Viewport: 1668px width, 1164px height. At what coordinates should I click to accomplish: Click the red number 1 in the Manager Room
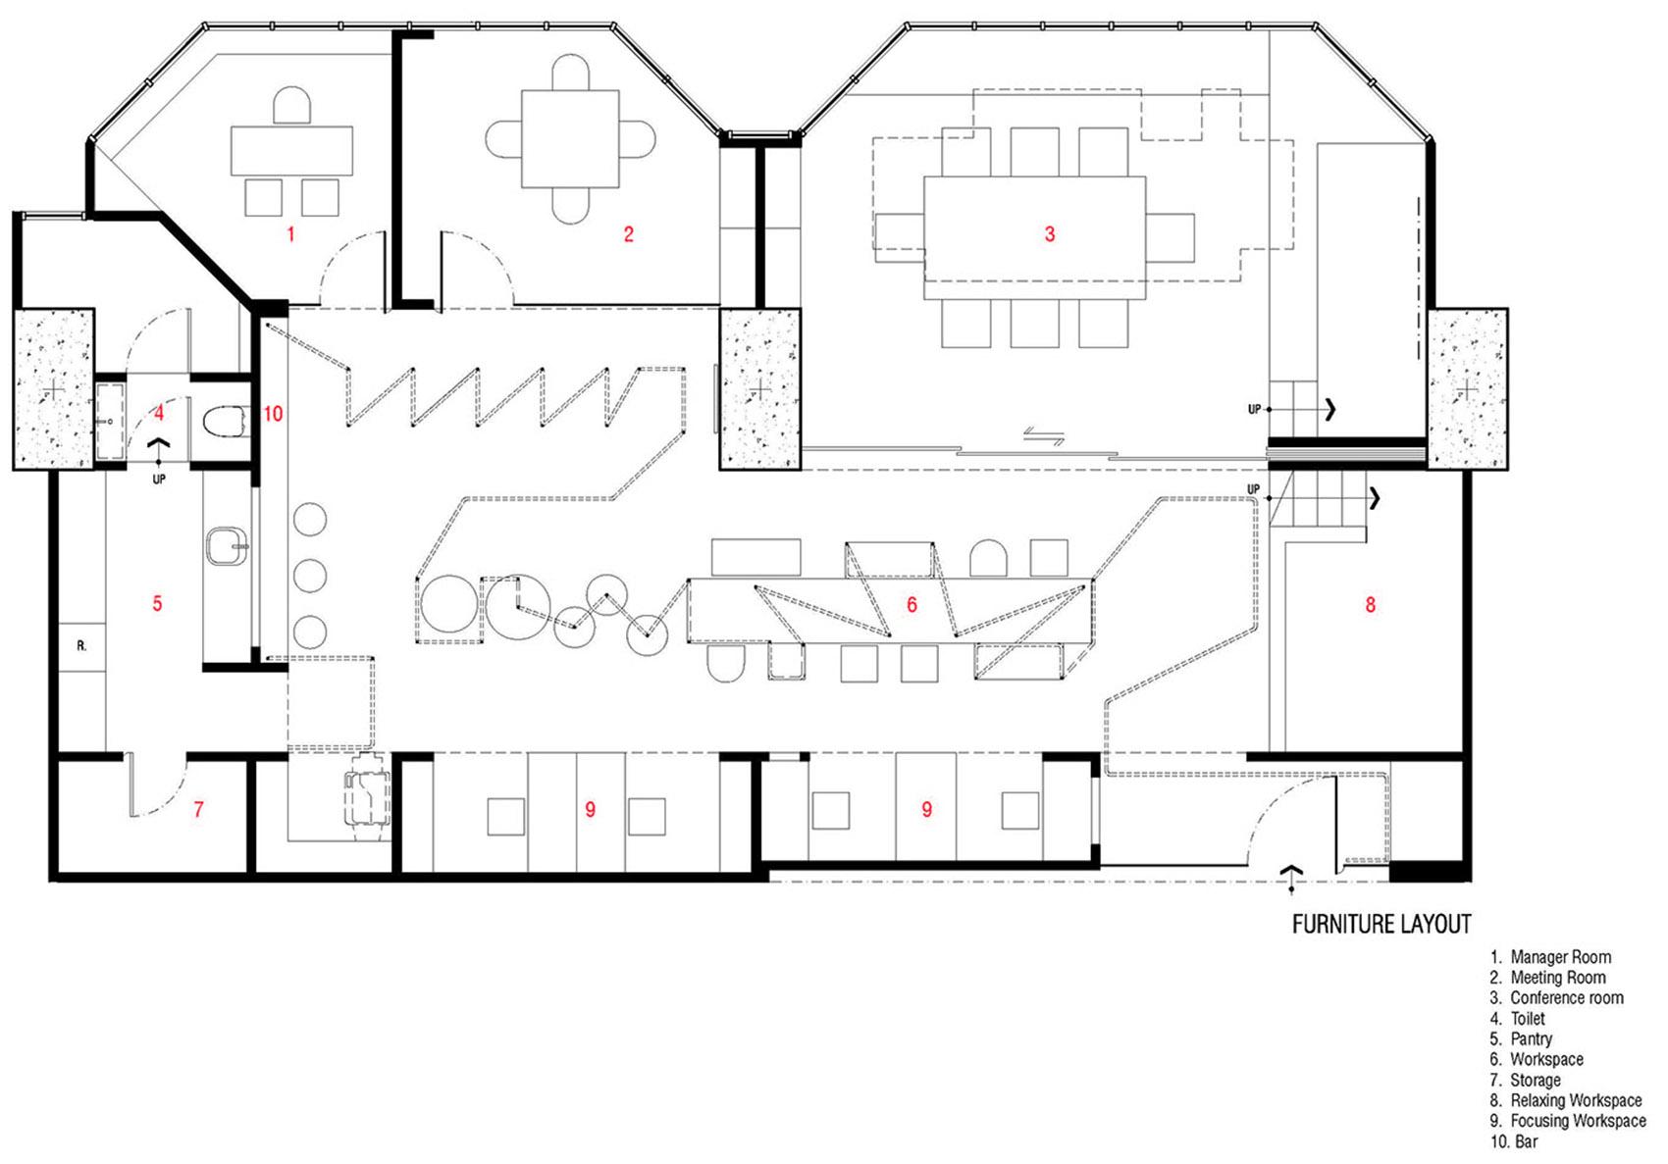[290, 234]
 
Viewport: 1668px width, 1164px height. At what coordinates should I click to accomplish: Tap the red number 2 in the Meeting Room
[629, 234]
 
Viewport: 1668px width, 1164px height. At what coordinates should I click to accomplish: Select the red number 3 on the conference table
[1050, 234]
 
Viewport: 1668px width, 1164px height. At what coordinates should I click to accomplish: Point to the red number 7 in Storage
[198, 809]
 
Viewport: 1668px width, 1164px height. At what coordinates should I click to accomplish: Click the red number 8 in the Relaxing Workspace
[1370, 605]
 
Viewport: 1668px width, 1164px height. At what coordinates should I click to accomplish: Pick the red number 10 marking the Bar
[274, 414]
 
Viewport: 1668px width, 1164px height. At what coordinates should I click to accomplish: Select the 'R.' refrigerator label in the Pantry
[81, 646]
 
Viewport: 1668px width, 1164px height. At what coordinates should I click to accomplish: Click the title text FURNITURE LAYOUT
[1381, 925]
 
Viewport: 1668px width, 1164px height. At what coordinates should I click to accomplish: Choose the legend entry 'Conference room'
[1567, 998]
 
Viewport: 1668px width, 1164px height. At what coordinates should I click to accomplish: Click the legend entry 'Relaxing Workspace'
[1577, 1100]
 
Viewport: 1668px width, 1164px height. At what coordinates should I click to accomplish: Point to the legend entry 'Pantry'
[1531, 1038]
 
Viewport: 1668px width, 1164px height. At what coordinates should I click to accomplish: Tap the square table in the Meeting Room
[570, 139]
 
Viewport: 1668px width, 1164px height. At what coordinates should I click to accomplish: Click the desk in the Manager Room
[291, 151]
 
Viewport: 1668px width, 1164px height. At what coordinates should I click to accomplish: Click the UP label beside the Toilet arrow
[159, 480]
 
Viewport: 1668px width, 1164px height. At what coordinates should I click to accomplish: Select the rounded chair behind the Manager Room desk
[291, 107]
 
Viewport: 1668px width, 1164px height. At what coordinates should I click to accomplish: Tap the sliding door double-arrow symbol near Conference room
[1044, 436]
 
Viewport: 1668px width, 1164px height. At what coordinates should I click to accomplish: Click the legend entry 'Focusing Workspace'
[1578, 1120]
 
